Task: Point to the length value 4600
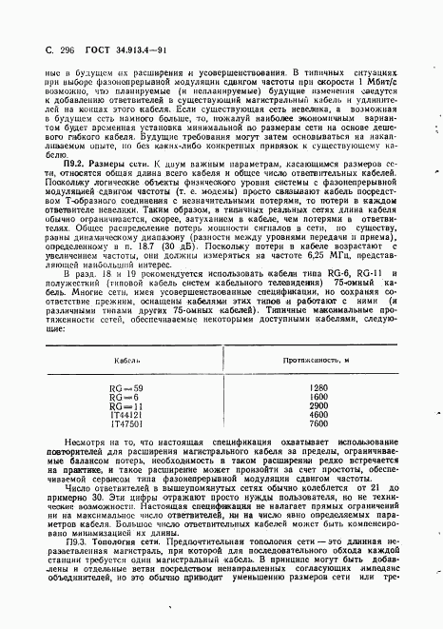tap(318, 415)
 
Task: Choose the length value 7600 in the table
tap(318, 424)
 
